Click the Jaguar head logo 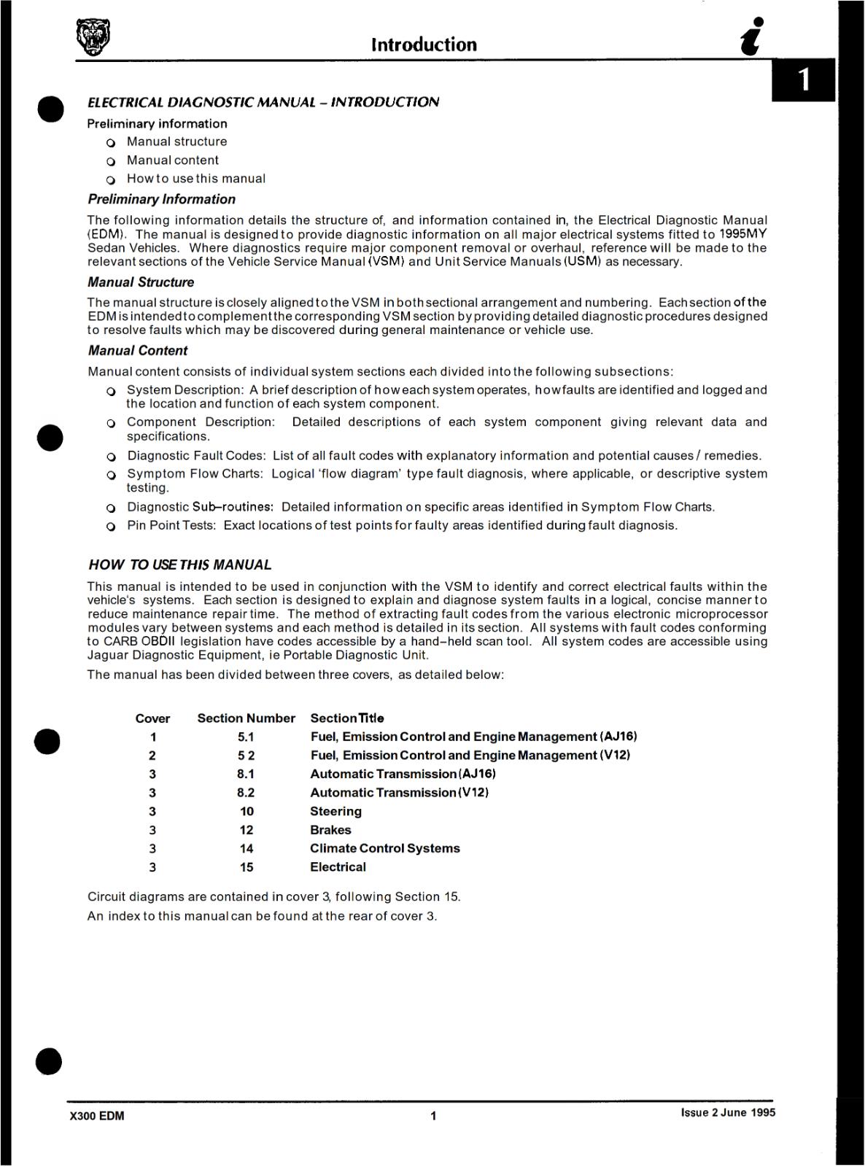click(94, 37)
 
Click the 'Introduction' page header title click(424, 44)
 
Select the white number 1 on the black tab click(804, 80)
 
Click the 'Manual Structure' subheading click(141, 282)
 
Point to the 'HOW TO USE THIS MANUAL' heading click(179, 565)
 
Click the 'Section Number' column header click(246, 718)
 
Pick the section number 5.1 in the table click(246, 737)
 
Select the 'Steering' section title click(335, 811)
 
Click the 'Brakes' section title click(330, 830)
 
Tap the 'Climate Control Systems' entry click(384, 848)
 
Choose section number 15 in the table click(247, 867)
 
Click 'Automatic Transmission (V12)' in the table click(399, 793)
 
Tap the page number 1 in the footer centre click(433, 1116)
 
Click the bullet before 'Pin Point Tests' click(111, 527)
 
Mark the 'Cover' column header click(152, 718)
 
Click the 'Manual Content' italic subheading click(138, 351)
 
